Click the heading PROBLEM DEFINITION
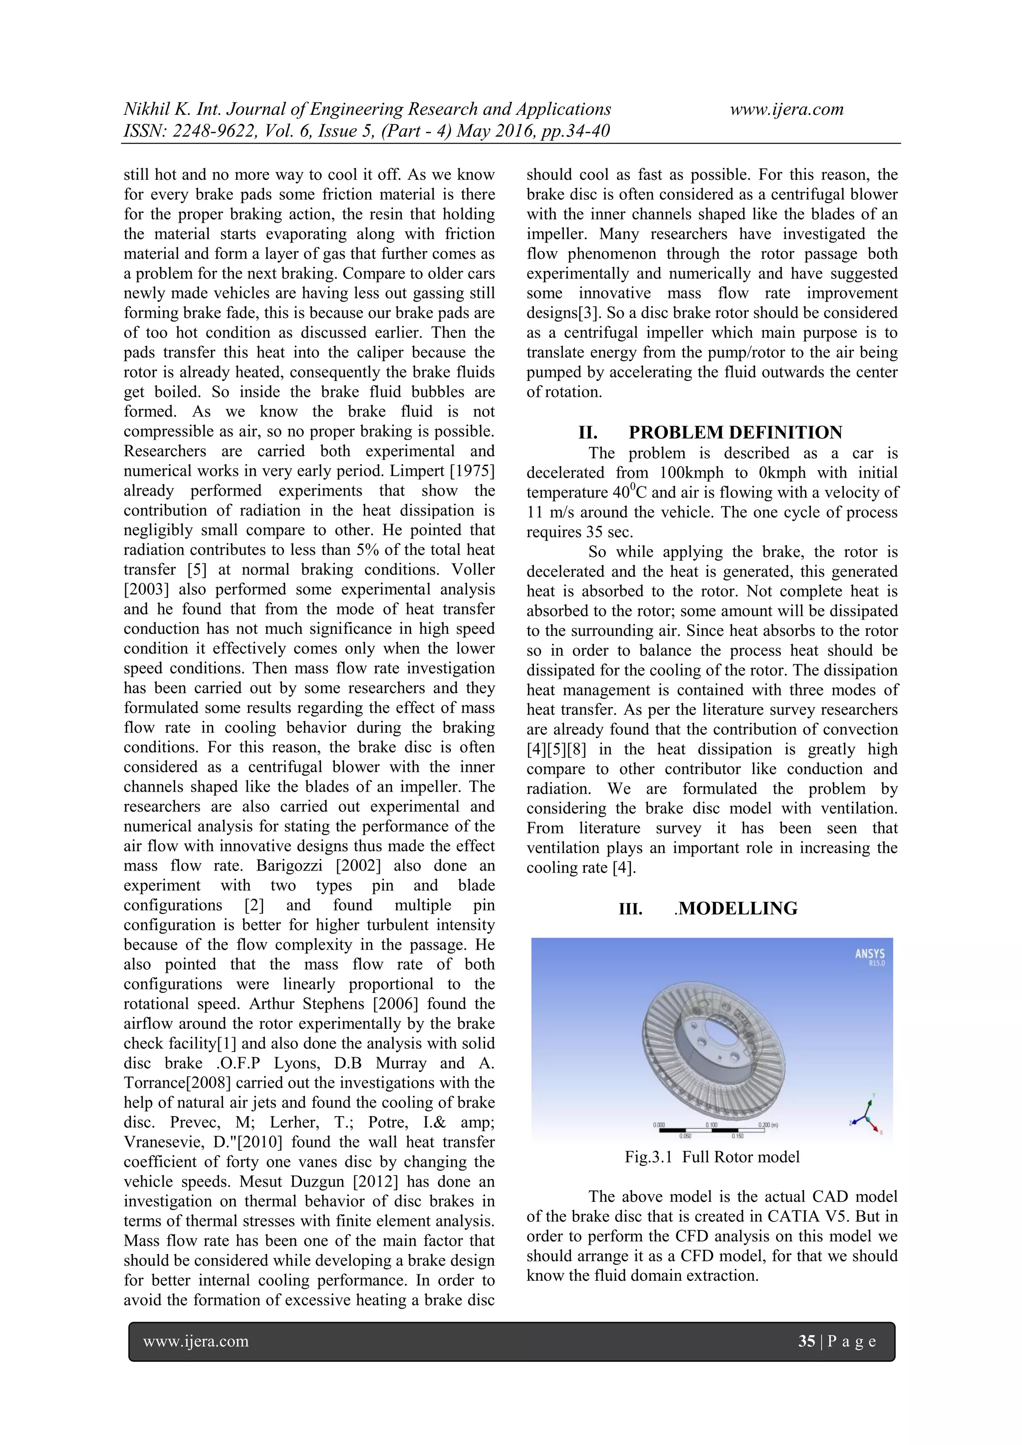(x=735, y=432)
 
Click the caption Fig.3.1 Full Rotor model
(x=712, y=1157)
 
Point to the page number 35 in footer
(x=806, y=1341)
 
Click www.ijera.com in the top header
(x=786, y=109)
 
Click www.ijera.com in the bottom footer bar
(x=196, y=1341)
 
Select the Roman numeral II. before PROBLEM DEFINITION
(x=588, y=432)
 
